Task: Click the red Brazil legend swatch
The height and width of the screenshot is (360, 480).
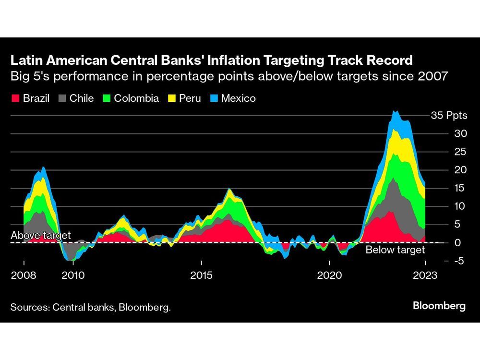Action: pyautogui.click(x=15, y=99)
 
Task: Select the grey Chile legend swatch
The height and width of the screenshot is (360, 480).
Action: pyautogui.click(x=62, y=99)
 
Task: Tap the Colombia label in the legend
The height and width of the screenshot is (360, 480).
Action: pyautogui.click(x=136, y=98)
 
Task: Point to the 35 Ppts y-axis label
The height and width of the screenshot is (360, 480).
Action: pyautogui.click(x=449, y=116)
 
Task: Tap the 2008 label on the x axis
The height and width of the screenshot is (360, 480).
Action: pyautogui.click(x=24, y=276)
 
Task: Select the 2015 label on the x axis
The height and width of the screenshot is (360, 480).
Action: pyautogui.click(x=202, y=276)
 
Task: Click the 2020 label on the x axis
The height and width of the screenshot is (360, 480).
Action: pyautogui.click(x=330, y=276)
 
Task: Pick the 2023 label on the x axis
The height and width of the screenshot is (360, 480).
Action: pyautogui.click(x=426, y=276)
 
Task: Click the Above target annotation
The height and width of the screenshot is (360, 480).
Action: pyautogui.click(x=41, y=236)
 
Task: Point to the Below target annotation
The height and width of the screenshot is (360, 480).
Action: pyautogui.click(x=395, y=250)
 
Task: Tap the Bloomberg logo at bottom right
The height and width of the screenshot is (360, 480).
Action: pyautogui.click(x=439, y=306)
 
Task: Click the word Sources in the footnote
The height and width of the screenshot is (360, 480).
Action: pyautogui.click(x=29, y=307)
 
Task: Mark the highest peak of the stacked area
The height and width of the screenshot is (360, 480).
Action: pyautogui.click(x=395, y=111)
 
